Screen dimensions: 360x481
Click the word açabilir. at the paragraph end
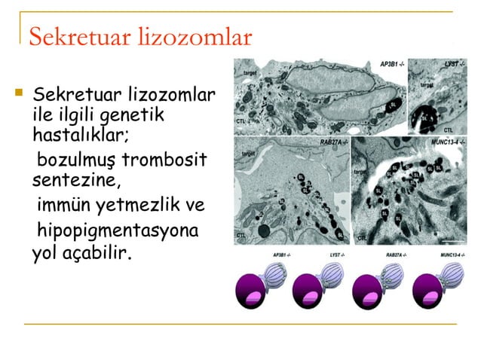[x=98, y=251]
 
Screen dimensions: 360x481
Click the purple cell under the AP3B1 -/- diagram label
[x=253, y=291]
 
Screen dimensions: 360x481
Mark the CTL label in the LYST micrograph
[x=448, y=130]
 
